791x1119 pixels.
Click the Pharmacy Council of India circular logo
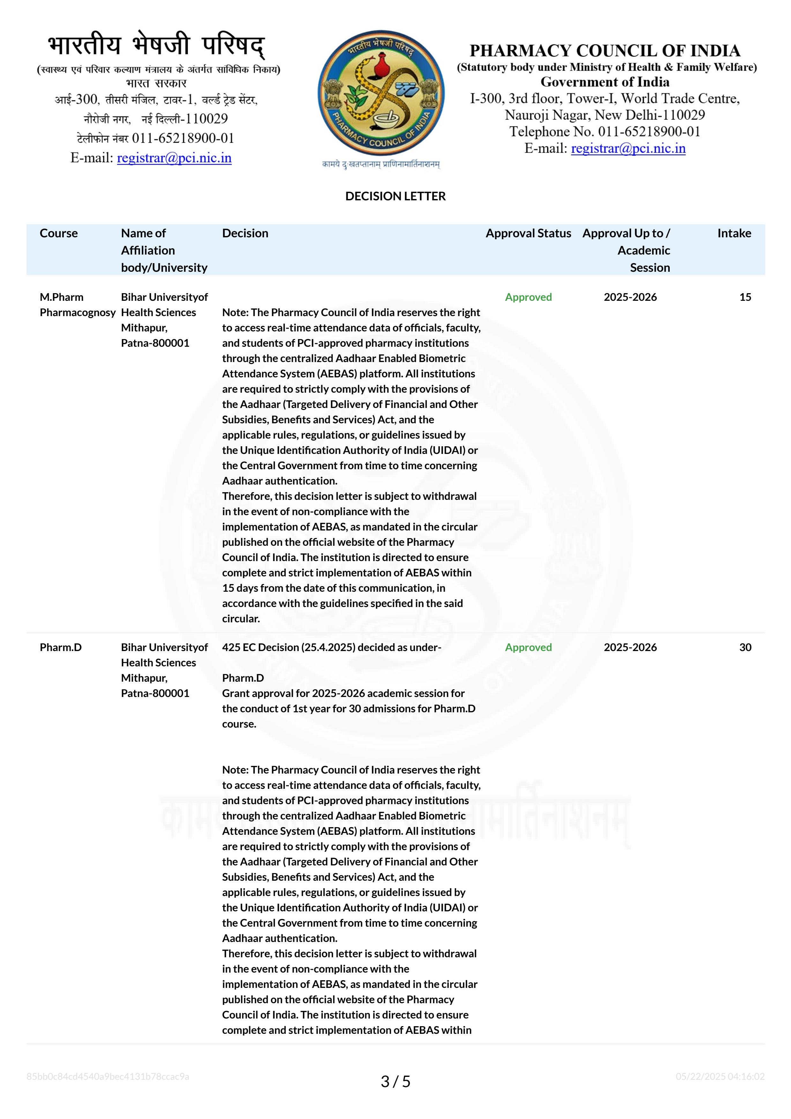click(381, 93)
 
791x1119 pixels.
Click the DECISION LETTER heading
click(395, 196)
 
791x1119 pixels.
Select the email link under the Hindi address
click(174, 158)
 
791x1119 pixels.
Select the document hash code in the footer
click(108, 1077)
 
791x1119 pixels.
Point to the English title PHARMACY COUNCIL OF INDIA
click(604, 51)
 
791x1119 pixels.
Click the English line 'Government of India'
click(604, 82)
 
